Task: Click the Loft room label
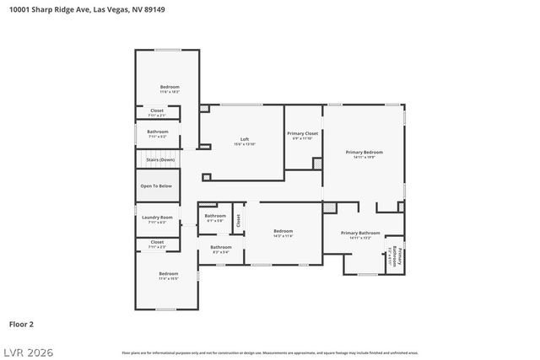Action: pos(245,139)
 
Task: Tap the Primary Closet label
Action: pos(302,133)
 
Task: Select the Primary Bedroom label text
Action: pos(364,152)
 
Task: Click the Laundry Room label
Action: pos(157,218)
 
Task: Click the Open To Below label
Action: pos(157,185)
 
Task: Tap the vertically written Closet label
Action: pos(238,220)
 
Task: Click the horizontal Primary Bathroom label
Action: pos(360,233)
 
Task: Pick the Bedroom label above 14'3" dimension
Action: pos(283,231)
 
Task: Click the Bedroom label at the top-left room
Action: pos(170,87)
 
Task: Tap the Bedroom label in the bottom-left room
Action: pos(169,273)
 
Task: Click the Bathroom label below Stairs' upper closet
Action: pos(158,132)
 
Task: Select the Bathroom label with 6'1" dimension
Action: pos(215,216)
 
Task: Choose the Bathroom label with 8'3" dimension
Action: pos(220,246)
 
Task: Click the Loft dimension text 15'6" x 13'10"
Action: pos(245,144)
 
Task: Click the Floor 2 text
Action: pos(21,324)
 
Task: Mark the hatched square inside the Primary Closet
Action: pos(317,163)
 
